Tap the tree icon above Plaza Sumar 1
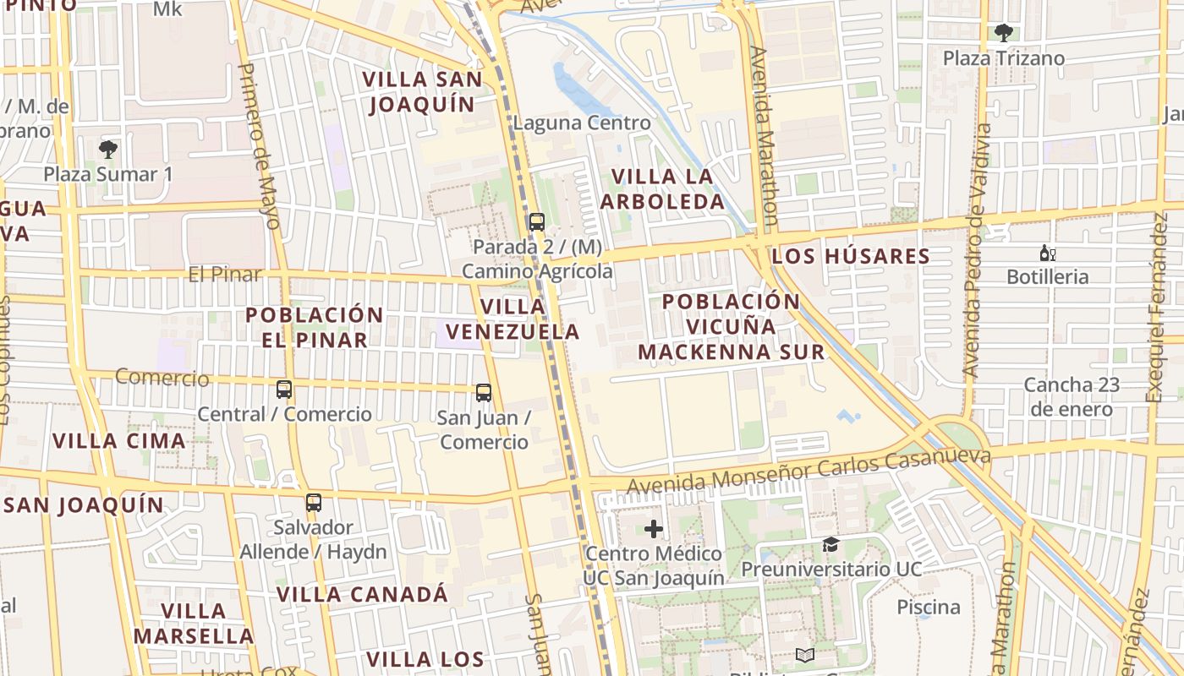click(107, 150)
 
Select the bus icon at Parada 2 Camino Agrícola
click(536, 222)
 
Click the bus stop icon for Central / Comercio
click(284, 390)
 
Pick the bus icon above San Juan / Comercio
click(484, 393)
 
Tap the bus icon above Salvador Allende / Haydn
click(314, 503)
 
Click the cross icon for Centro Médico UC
click(654, 530)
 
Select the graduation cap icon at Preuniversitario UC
click(831, 545)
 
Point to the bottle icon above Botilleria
click(1048, 253)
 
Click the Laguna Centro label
click(582, 123)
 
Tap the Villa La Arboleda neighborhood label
click(668, 189)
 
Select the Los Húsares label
click(851, 256)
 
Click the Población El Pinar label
click(315, 327)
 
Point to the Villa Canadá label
click(363, 594)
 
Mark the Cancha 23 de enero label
click(1071, 397)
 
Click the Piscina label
click(929, 608)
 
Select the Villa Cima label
click(119, 441)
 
